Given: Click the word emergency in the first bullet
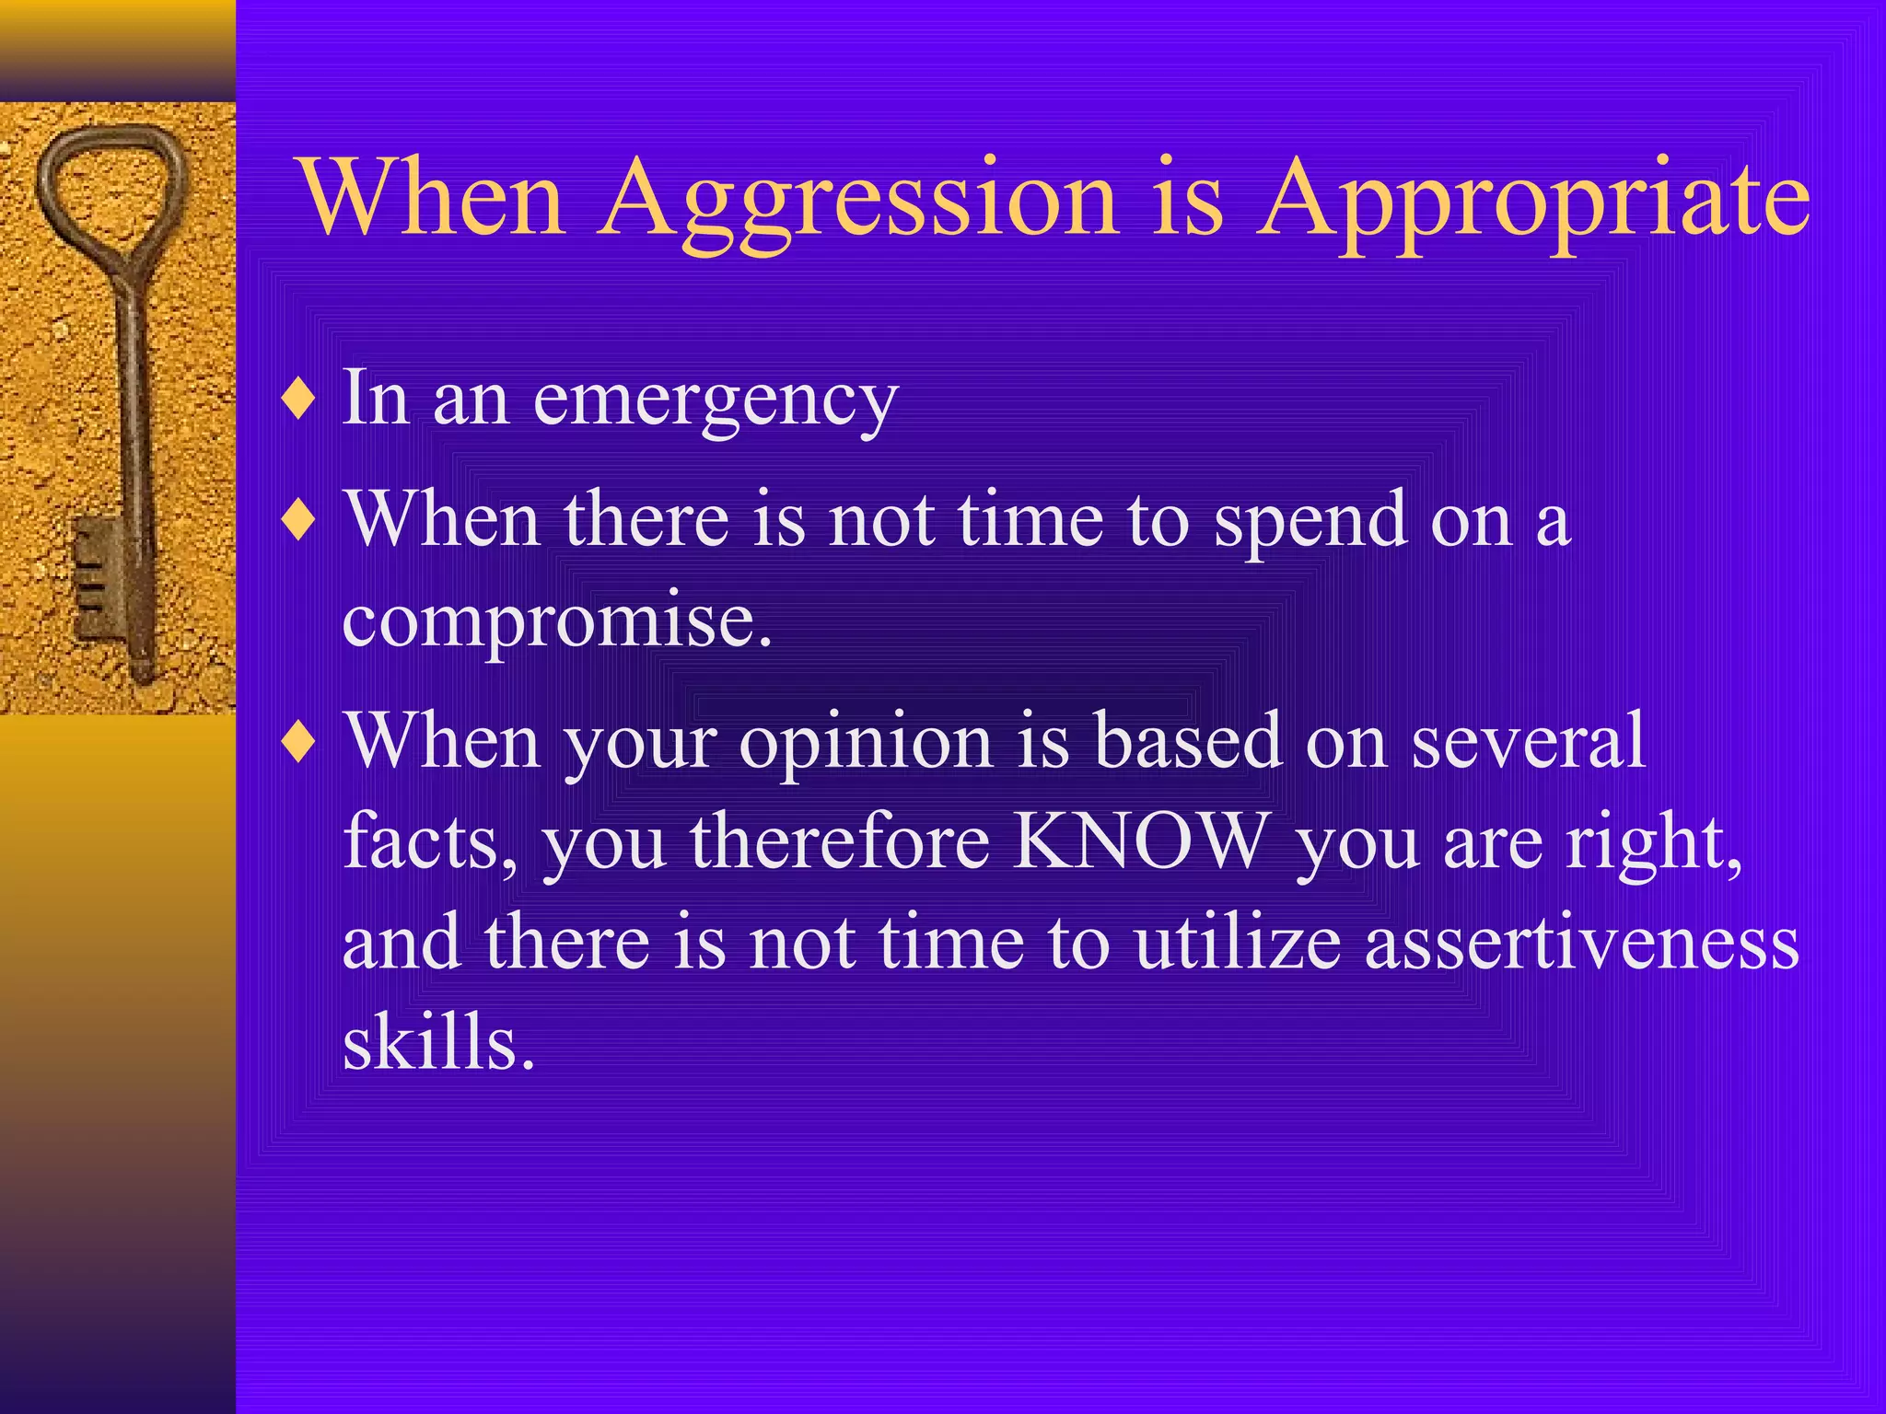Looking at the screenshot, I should coord(716,400).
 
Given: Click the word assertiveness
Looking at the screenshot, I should coord(1581,943).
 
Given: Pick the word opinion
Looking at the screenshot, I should coord(866,741).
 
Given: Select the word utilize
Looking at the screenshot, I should coord(1237,943).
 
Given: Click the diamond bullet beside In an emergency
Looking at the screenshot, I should coord(299,400).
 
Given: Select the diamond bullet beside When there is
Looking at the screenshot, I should coord(299,521).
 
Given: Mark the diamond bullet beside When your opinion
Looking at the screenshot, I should coord(299,741).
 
